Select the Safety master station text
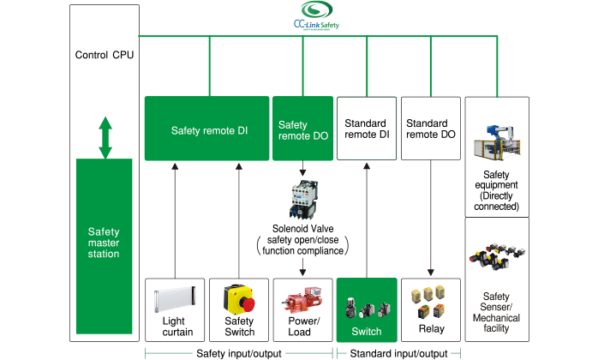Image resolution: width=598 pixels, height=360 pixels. pyautogui.click(x=105, y=243)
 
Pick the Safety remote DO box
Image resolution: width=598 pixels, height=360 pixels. pyautogui.click(x=302, y=130)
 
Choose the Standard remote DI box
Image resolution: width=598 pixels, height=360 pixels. pyautogui.click(x=367, y=129)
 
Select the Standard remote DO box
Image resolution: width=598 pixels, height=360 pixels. pyautogui.click(x=429, y=129)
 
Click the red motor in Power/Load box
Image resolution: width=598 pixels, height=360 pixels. pyautogui.click(x=301, y=302)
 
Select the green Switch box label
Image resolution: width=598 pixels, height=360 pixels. pyautogui.click(x=366, y=332)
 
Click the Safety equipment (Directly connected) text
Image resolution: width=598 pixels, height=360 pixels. pyautogui.click(x=497, y=195)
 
